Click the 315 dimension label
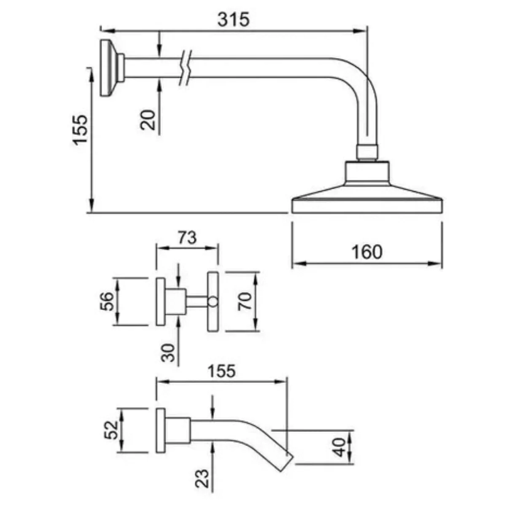point(234,19)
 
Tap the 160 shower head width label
point(367,252)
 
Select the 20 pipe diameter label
point(148,120)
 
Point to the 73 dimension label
point(187,238)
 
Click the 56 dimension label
point(107,301)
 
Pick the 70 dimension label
point(245,301)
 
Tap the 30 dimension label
point(168,353)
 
